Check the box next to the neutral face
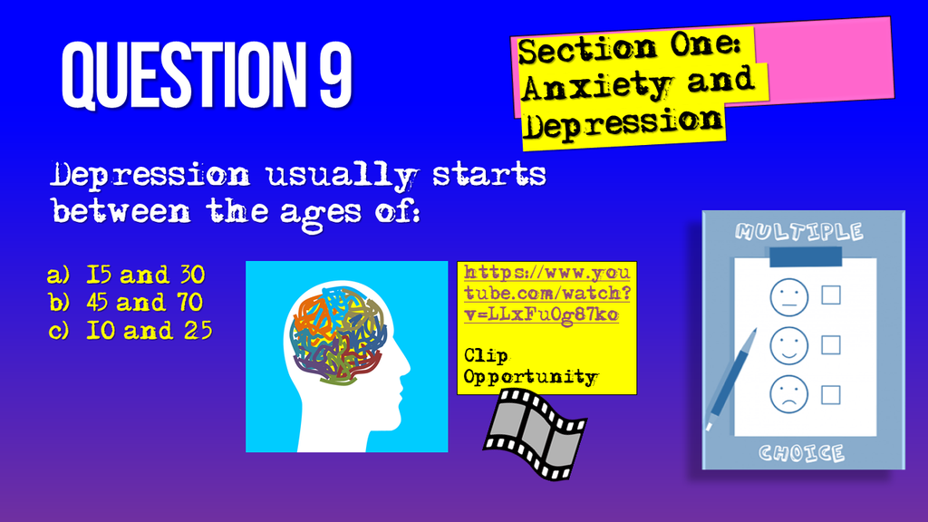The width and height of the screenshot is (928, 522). pyautogui.click(x=830, y=295)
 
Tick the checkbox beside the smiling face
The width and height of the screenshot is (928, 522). pyautogui.click(x=830, y=344)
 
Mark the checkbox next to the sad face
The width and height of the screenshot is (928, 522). pyautogui.click(x=830, y=394)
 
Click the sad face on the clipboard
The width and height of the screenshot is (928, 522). pyautogui.click(x=788, y=393)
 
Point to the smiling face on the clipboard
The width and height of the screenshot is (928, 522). pyautogui.click(x=788, y=344)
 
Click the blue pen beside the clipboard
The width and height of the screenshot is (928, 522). pyautogui.click(x=732, y=378)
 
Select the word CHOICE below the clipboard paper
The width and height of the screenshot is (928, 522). pyautogui.click(x=802, y=452)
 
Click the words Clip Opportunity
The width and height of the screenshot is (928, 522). pyautogui.click(x=530, y=366)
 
